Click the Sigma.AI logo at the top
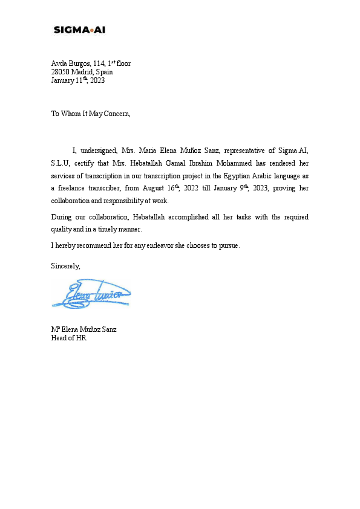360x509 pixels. (79, 30)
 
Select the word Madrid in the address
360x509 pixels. (83, 72)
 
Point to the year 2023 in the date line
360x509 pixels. (98, 80)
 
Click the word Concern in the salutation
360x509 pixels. (116, 114)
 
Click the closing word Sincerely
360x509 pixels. (65, 265)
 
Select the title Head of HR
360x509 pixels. (69, 339)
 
